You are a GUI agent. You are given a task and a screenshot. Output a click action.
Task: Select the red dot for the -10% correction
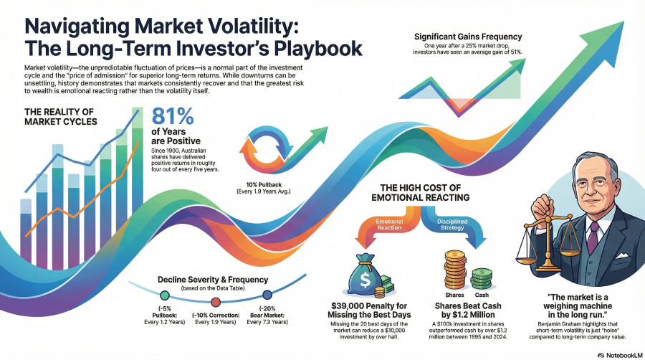[216, 295]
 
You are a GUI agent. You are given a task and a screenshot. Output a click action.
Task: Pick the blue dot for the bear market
[267, 294]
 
